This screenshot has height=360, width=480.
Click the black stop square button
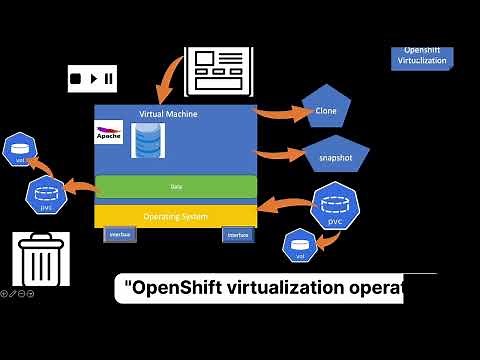point(76,77)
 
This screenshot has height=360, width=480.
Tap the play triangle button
point(92,77)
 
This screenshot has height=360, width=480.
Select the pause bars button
point(107,77)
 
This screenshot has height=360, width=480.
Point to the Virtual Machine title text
point(168,114)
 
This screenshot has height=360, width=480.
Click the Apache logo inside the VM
point(109,133)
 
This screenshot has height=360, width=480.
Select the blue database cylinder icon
point(147,142)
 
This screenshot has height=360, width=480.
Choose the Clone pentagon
point(326,110)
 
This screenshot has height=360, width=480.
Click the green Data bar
point(176,187)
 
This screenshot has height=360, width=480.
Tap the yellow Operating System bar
point(176,215)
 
